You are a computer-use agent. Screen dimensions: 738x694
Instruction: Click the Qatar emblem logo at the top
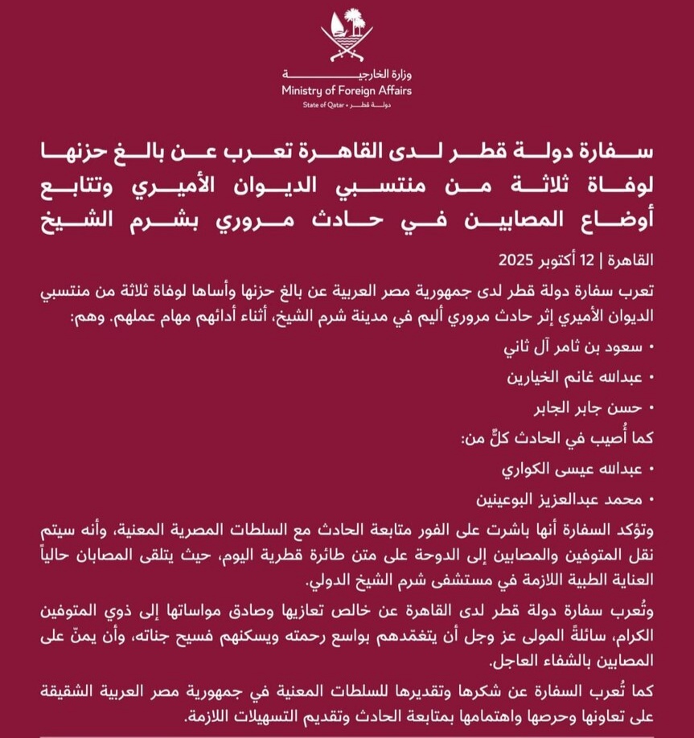(347, 36)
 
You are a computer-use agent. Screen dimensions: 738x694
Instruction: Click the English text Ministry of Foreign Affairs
(347, 91)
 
